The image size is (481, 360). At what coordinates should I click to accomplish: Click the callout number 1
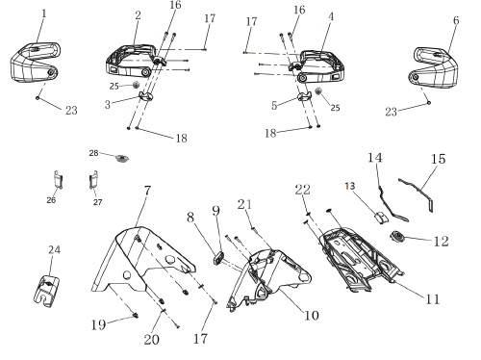tap(44, 13)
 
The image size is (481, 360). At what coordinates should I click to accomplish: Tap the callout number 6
tap(456, 20)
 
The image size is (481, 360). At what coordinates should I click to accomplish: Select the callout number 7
tap(147, 191)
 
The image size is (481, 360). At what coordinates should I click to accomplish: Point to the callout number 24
tap(54, 249)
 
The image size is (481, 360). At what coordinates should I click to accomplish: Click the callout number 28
tap(93, 153)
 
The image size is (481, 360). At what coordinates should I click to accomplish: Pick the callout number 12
tap(441, 242)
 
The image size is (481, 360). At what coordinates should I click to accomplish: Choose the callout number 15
tap(439, 159)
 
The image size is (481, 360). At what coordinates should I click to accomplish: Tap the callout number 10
tap(311, 316)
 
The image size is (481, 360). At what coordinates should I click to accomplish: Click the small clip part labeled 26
tap(58, 179)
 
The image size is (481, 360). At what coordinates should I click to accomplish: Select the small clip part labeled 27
tap(93, 180)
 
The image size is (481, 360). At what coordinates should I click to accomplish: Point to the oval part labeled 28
tap(122, 158)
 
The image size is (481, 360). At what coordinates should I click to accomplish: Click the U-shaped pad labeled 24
tap(47, 292)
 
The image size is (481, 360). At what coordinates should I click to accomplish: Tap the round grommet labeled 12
tap(397, 237)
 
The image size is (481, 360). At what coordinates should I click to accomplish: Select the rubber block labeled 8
tap(218, 258)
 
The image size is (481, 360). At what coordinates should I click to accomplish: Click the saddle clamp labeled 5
tap(305, 96)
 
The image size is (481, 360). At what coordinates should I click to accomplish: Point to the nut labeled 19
tap(136, 316)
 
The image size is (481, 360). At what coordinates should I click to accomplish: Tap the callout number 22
tap(303, 190)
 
